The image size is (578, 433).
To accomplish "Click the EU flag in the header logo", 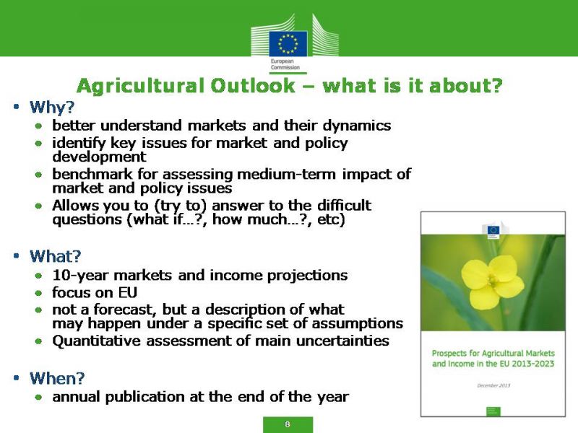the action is [x=288, y=43].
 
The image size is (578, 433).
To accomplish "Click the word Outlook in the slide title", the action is [x=253, y=86].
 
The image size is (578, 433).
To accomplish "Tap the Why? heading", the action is [x=52, y=107].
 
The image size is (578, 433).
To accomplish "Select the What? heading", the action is [x=56, y=256].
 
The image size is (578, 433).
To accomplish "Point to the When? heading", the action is [x=57, y=378].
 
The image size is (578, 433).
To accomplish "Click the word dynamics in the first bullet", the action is [x=357, y=126].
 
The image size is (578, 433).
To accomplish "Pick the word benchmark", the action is [x=92, y=174].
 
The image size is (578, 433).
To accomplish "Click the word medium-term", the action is [x=286, y=174].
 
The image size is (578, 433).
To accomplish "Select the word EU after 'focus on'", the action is [x=128, y=293].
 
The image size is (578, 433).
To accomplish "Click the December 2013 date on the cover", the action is [x=493, y=385].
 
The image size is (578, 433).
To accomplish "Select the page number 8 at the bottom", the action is [x=288, y=424].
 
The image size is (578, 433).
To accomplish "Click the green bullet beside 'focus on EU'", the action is [x=39, y=293].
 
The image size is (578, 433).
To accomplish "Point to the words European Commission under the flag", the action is [x=285, y=64].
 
